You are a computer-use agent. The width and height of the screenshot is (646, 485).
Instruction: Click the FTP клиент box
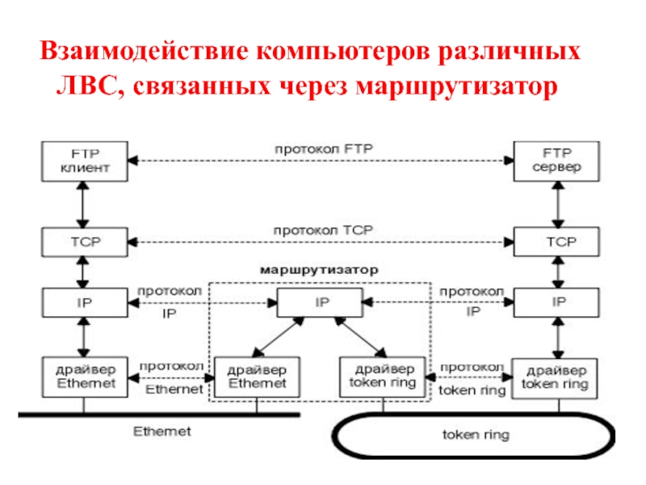tap(85, 161)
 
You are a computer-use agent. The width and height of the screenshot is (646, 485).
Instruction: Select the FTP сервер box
tap(556, 161)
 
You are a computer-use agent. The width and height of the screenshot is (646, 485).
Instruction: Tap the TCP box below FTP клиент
tap(85, 242)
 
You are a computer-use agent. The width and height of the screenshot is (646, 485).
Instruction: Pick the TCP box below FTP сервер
tap(556, 242)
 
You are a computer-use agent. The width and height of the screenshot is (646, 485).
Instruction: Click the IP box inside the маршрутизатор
tap(320, 302)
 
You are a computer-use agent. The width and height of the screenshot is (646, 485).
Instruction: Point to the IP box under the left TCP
tap(85, 302)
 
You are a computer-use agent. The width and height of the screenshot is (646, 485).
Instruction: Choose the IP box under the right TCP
tap(556, 302)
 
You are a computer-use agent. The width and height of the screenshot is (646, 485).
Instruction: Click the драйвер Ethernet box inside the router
tap(257, 377)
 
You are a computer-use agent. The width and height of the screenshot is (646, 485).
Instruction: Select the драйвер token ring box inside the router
tap(383, 377)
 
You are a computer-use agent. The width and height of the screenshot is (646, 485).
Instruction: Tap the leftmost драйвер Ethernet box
tap(85, 377)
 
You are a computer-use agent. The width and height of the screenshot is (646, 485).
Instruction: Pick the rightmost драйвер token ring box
tap(555, 378)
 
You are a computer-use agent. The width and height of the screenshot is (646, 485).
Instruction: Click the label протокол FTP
tap(324, 149)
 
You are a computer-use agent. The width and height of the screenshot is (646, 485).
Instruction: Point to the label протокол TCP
tap(324, 230)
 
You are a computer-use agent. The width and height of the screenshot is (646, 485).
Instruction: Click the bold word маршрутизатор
tap(319, 270)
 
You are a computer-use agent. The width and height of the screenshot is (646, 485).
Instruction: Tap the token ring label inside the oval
tap(476, 435)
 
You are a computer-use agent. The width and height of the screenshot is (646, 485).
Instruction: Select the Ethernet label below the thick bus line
tap(162, 432)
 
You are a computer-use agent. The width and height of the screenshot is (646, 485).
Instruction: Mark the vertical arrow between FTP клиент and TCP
tap(83, 205)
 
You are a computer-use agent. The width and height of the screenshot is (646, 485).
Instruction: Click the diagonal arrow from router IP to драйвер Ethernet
tap(279, 337)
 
